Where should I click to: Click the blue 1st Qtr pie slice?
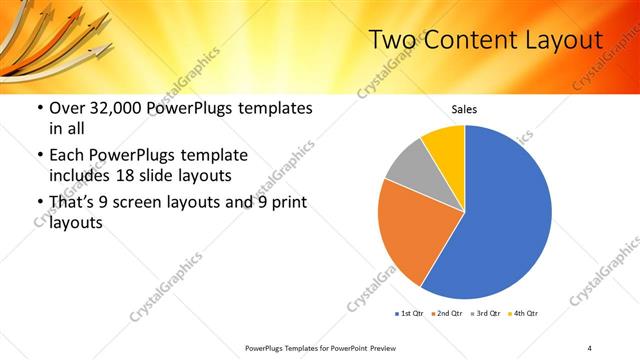coord(505,215)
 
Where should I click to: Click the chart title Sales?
coord(464,109)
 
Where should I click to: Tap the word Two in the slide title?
coord(390,40)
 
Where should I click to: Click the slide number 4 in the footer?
coord(590,348)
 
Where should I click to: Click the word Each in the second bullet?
coord(66,156)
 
